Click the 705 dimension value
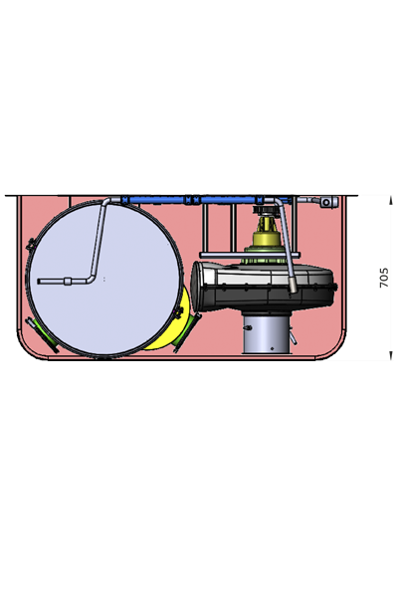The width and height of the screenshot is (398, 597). [384, 278]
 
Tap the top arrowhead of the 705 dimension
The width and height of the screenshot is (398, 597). [390, 200]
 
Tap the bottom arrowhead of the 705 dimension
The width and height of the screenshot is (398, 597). [390, 355]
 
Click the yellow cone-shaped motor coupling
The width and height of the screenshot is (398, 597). [267, 233]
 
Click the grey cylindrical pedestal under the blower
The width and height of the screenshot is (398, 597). [267, 332]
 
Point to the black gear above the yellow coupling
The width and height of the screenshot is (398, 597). [267, 210]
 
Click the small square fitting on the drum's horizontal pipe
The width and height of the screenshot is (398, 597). [68, 282]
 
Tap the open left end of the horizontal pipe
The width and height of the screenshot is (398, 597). [39, 282]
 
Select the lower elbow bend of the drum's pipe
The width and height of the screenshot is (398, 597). [91, 279]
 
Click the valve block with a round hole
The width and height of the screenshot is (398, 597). [328, 202]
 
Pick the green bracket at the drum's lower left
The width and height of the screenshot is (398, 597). [42, 335]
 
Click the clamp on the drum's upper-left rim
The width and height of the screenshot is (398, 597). [30, 245]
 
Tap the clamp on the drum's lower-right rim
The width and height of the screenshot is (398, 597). [178, 312]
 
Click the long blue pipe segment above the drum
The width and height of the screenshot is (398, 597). [156, 200]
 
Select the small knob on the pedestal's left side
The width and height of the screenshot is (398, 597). [248, 327]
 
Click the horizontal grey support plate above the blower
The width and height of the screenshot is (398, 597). [250, 255]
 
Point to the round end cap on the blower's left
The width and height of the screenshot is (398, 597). [198, 287]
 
